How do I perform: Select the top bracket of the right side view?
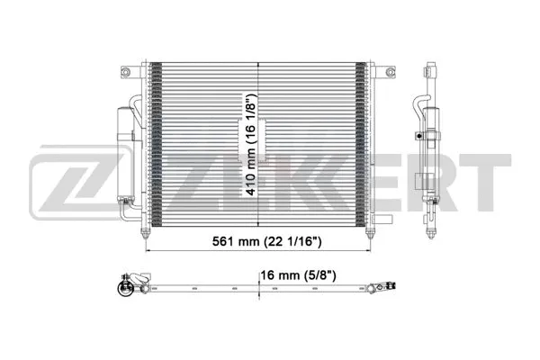coord(430,68)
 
